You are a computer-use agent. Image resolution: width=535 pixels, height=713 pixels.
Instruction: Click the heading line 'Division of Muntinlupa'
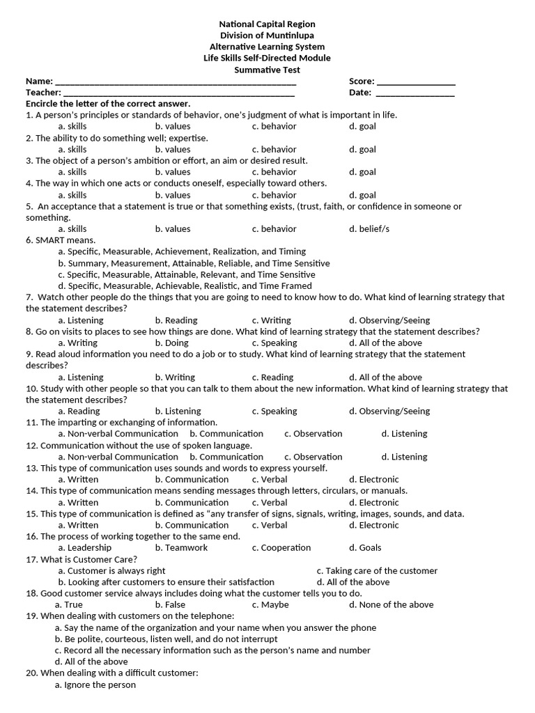(267, 36)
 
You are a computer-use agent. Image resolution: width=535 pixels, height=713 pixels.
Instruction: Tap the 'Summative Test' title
(267, 70)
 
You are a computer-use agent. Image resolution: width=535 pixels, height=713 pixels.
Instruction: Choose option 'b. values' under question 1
(173, 126)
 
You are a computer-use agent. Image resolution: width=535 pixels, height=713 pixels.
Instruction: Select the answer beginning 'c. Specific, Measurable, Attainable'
(187, 274)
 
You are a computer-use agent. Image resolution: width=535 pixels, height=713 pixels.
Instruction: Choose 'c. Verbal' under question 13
(270, 479)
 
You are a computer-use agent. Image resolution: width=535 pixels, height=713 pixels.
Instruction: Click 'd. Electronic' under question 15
(374, 525)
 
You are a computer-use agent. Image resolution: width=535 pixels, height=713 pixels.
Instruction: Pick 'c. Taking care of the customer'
(377, 570)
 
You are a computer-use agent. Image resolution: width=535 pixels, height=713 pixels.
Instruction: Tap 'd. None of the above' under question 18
(391, 604)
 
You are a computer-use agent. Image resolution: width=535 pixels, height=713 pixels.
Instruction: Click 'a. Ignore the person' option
(95, 684)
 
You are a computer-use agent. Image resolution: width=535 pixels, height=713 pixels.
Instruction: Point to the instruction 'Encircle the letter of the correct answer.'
(108, 104)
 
